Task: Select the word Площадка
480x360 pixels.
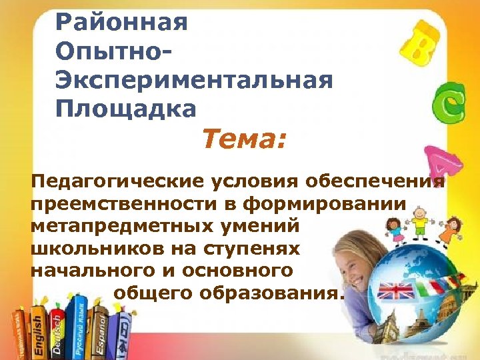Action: point(127,107)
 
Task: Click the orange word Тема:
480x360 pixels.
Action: point(244,140)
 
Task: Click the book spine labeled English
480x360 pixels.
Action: point(38,331)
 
